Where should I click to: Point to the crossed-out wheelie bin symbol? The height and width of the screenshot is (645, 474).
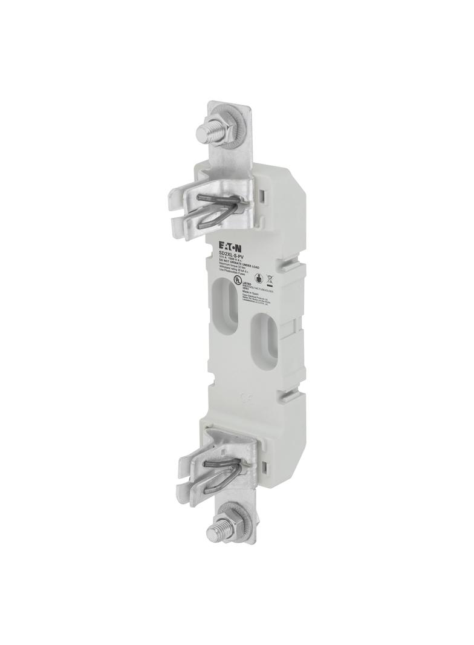tap(270, 280)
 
